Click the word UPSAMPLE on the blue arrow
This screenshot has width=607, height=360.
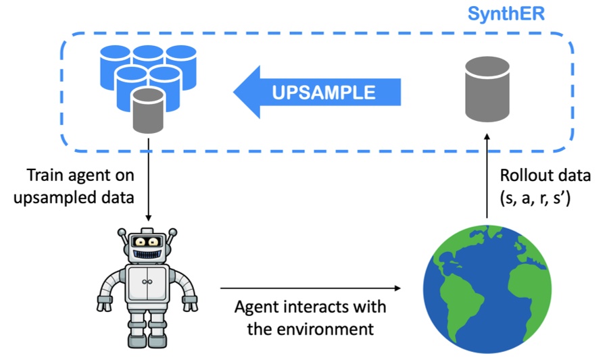(324, 92)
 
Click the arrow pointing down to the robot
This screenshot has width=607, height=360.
(147, 182)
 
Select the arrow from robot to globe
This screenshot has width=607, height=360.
(310, 288)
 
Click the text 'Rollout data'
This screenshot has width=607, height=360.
(545, 176)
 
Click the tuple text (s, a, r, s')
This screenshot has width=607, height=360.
(541, 199)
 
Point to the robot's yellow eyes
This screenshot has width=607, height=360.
(147, 241)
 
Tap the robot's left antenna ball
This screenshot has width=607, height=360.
(122, 233)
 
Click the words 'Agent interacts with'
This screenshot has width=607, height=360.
(310, 307)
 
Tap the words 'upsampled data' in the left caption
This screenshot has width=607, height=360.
(82, 199)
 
